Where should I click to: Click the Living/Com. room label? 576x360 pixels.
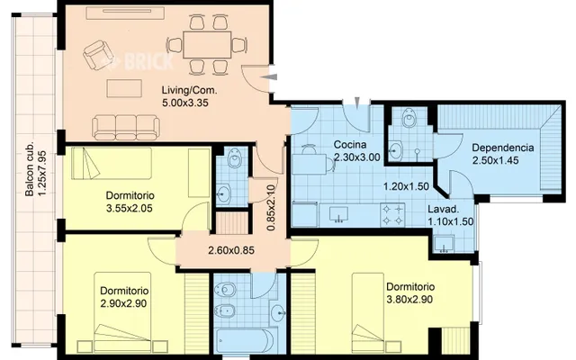[190, 90]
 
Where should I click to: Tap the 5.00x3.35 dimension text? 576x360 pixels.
[185, 103]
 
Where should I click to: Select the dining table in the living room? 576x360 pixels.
[207, 44]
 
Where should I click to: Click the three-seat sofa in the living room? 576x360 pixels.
[126, 128]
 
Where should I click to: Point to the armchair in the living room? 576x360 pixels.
[96, 56]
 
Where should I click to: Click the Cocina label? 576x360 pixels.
[350, 144]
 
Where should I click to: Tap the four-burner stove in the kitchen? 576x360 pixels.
[392, 215]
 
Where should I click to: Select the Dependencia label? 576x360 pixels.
[502, 148]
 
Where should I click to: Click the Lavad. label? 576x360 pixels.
[444, 210]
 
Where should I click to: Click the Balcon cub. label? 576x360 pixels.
[30, 168]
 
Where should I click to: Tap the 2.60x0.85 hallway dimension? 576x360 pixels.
[231, 250]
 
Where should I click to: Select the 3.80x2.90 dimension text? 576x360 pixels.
[409, 300]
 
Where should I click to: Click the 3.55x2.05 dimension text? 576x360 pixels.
[130, 209]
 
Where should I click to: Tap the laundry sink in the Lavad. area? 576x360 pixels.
[444, 245]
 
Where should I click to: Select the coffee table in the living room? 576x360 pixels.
[124, 88]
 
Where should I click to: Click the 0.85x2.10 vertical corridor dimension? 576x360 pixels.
[271, 208]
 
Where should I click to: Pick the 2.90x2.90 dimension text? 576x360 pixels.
[123, 303]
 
